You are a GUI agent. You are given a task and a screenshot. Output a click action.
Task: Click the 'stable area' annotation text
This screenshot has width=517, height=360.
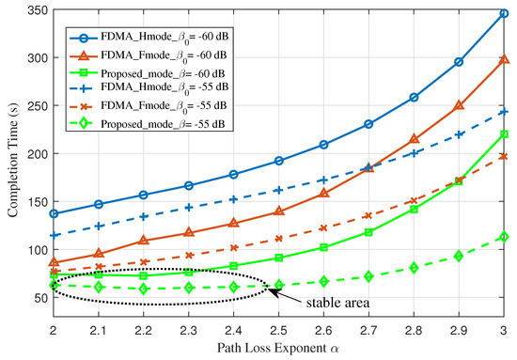pyautogui.click(x=329, y=303)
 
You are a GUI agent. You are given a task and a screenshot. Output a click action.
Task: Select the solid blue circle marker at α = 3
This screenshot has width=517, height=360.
pyautogui.click(x=504, y=14)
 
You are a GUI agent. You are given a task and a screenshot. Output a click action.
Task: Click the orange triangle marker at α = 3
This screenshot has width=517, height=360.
pyautogui.click(x=504, y=59)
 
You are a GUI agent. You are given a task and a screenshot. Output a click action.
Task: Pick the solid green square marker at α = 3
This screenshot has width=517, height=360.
pyautogui.click(x=504, y=133)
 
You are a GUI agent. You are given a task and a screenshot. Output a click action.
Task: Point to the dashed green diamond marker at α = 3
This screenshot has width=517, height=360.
pyautogui.click(x=504, y=237)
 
